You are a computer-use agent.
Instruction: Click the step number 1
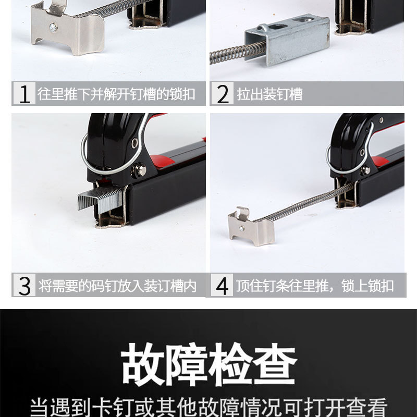(x=24, y=94)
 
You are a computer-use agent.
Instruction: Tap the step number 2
(x=223, y=94)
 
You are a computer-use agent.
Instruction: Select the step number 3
(x=24, y=286)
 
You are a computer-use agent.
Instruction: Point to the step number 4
(x=223, y=286)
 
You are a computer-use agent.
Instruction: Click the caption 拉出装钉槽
(x=269, y=94)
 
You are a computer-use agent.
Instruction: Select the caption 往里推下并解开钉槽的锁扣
(x=117, y=94)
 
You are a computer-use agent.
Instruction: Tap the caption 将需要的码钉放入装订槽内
(x=118, y=286)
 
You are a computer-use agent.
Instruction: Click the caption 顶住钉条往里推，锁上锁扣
(x=315, y=286)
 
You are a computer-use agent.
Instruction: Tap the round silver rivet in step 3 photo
(x=140, y=169)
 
